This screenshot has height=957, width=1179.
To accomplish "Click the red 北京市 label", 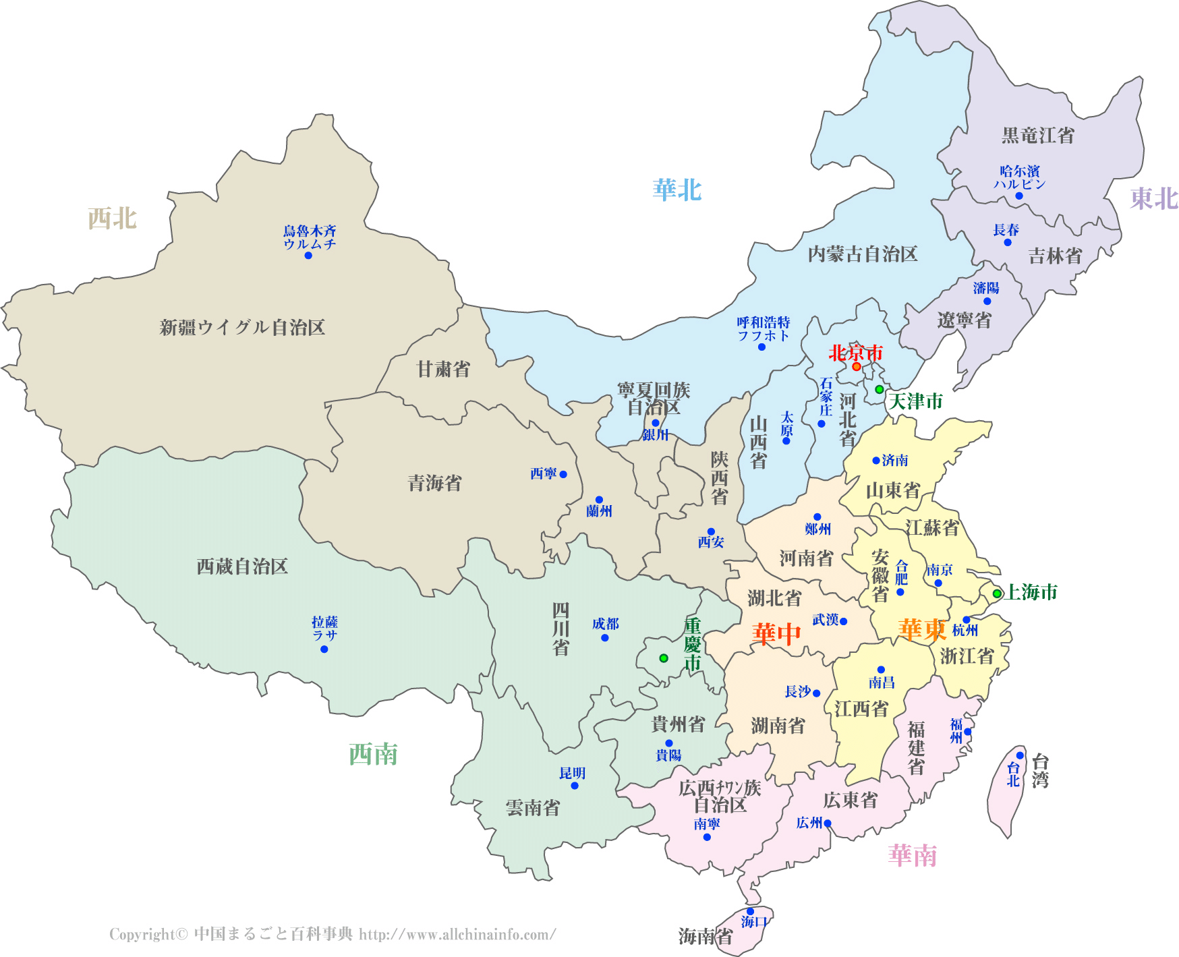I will tap(855, 352).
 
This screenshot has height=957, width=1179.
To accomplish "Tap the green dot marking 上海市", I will tap(997, 593).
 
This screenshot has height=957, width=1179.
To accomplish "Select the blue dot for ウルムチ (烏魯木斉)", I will tap(308, 256).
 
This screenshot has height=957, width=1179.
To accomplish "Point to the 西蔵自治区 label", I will tap(242, 566).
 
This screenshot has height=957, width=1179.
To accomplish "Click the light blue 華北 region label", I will tap(677, 190).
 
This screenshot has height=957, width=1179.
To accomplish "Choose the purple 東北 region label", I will tap(1154, 198).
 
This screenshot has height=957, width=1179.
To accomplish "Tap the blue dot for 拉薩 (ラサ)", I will tap(324, 649).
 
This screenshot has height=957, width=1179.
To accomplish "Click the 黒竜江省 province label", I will tap(1037, 135).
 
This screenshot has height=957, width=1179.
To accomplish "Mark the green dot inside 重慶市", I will tap(664, 658).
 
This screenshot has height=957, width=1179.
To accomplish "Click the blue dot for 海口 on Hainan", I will tap(750, 911).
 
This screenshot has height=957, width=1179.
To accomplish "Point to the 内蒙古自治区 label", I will tap(863, 254).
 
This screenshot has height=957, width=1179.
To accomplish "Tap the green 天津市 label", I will tap(915, 401).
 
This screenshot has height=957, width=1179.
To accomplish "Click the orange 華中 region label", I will tap(776, 634).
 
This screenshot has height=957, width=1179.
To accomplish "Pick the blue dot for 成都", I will tap(605, 637).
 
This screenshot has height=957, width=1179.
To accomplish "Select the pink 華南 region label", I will tap(913, 855).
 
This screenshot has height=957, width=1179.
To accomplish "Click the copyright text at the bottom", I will tap(333, 934).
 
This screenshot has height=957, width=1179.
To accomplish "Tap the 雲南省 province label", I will tap(533, 807).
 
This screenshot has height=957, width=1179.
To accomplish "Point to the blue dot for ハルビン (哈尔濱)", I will tap(1019, 196).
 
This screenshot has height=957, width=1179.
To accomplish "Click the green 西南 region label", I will tap(373, 754).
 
